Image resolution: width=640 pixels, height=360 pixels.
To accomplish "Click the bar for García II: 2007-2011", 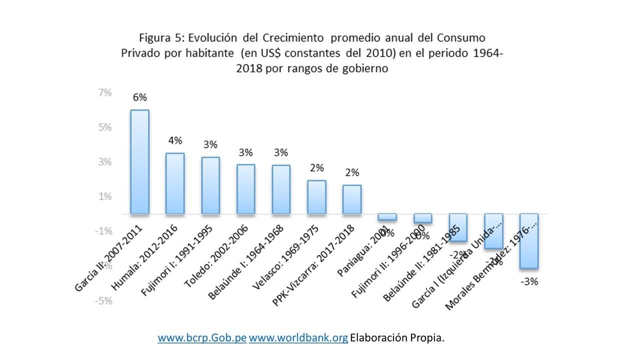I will [139, 161].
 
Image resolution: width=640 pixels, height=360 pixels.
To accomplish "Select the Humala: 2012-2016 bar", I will [175, 183].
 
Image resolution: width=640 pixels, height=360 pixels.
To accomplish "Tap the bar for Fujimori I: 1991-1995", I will [210, 185].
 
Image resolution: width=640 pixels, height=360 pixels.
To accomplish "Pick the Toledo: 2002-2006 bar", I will [245, 188].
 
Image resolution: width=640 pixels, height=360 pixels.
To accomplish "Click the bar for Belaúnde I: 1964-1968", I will [281, 189].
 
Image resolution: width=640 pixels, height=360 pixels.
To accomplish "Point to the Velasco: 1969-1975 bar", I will [316, 197].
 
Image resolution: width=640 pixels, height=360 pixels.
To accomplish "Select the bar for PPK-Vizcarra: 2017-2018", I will [352, 199].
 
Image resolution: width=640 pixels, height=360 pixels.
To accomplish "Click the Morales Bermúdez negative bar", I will [529, 241].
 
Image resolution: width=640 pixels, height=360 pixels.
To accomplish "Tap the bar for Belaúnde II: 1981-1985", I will [458, 227].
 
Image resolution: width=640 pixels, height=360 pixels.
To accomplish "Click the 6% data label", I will [139, 97].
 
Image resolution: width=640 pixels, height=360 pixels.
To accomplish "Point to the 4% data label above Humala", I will [175, 140].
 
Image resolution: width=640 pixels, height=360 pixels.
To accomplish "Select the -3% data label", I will [529, 282].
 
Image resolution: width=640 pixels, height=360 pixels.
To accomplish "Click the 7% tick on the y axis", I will [105, 93].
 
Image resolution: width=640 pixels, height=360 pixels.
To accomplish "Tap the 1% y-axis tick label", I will [105, 196].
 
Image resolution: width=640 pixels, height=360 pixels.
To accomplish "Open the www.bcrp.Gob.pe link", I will [202, 338].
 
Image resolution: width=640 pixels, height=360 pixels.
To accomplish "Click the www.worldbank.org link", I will [298, 338].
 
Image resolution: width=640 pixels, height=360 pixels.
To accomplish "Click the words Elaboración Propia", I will [397, 338].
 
